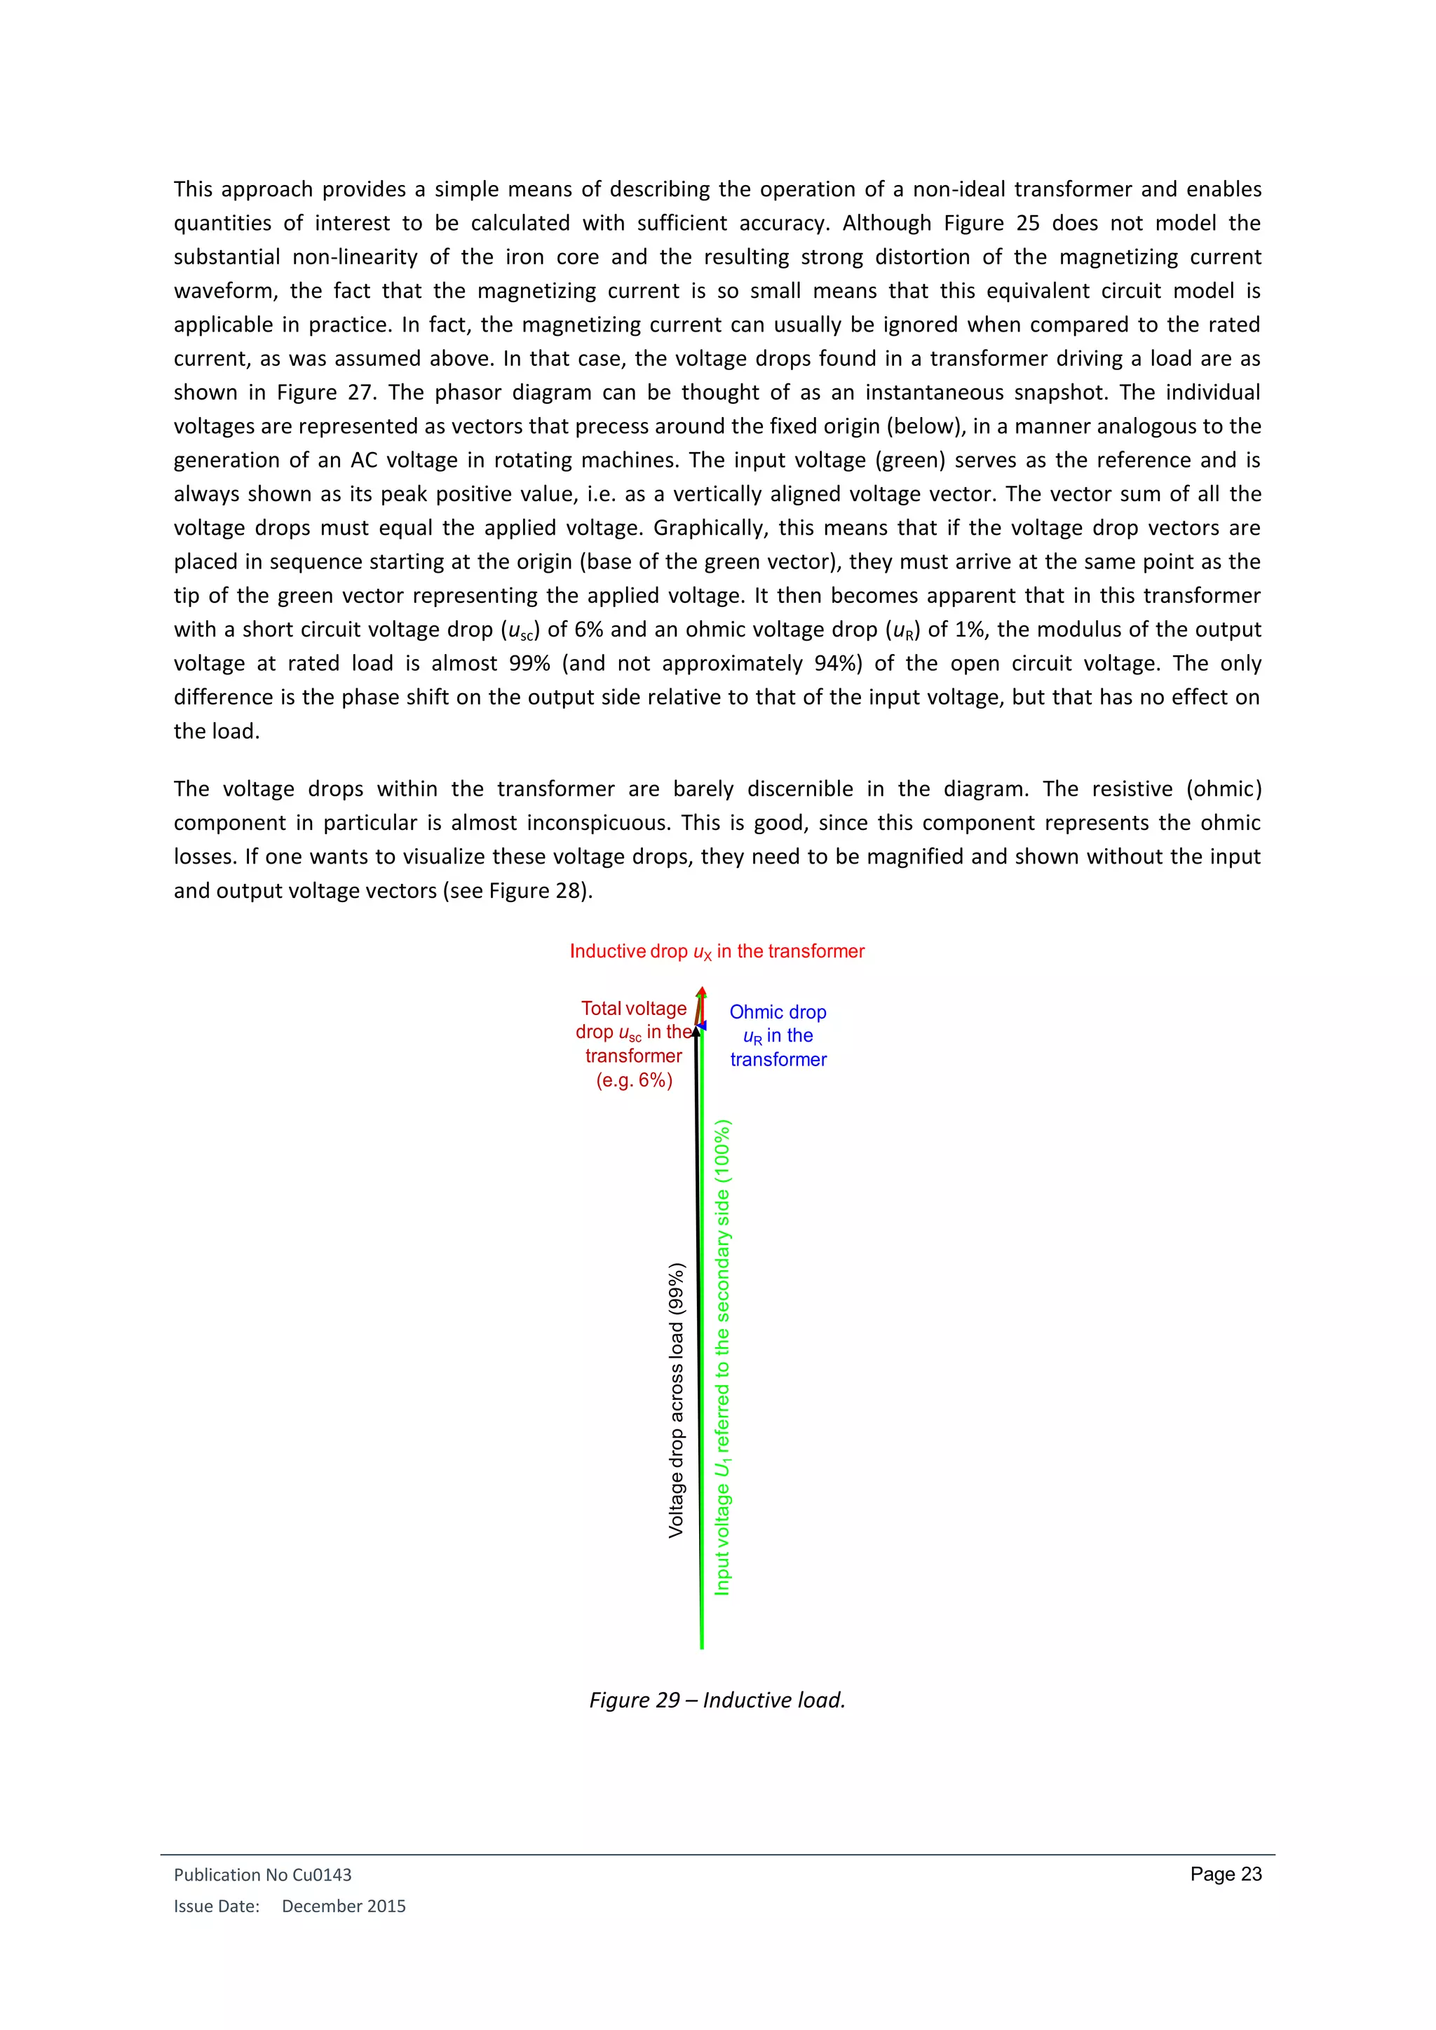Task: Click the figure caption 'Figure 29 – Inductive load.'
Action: coord(717,1701)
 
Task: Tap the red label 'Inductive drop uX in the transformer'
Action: coord(717,951)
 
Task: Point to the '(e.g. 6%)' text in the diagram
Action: coord(634,1080)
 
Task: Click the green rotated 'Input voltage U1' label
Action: coord(722,1357)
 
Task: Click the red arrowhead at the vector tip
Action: coord(701,992)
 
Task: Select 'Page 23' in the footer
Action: coord(1226,1874)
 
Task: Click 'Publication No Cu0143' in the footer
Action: coord(263,1874)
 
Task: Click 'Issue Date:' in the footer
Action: coord(217,1906)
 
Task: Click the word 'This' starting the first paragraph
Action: coord(193,189)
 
